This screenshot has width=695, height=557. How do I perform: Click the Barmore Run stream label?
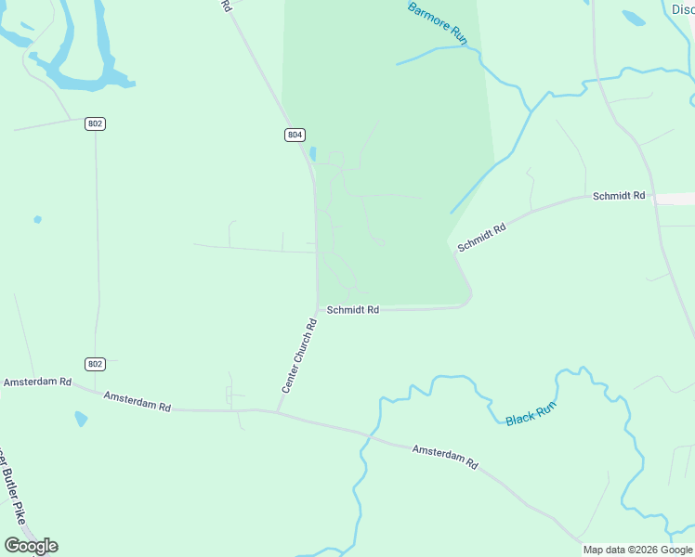click(x=438, y=20)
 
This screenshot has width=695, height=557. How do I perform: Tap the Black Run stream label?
click(x=531, y=414)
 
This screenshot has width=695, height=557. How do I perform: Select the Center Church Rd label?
click(x=299, y=356)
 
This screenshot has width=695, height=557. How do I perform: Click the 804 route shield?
click(x=294, y=135)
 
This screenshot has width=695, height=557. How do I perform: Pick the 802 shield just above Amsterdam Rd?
click(x=95, y=364)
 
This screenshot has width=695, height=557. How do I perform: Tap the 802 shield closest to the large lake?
click(x=95, y=123)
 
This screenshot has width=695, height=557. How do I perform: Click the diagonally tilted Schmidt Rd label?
click(x=481, y=236)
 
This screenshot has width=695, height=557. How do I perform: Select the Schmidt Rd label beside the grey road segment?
click(x=619, y=196)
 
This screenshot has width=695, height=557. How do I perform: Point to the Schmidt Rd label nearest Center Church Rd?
click(x=353, y=310)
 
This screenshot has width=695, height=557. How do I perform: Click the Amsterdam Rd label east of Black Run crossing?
click(x=444, y=456)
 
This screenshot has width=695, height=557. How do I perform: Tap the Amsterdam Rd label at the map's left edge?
click(x=37, y=382)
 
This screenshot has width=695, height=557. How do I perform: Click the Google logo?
click(x=31, y=546)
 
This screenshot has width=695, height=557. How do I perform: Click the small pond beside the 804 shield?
click(x=312, y=153)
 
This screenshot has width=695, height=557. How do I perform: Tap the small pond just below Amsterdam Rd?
click(x=81, y=418)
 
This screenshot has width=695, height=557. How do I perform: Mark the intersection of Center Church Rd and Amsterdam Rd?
click(x=277, y=411)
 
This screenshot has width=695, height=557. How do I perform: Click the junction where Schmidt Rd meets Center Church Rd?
click(x=319, y=308)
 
